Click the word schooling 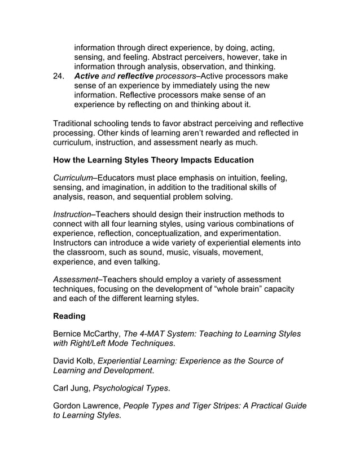(117, 124)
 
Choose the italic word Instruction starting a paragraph (72, 215)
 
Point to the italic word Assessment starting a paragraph (75, 280)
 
